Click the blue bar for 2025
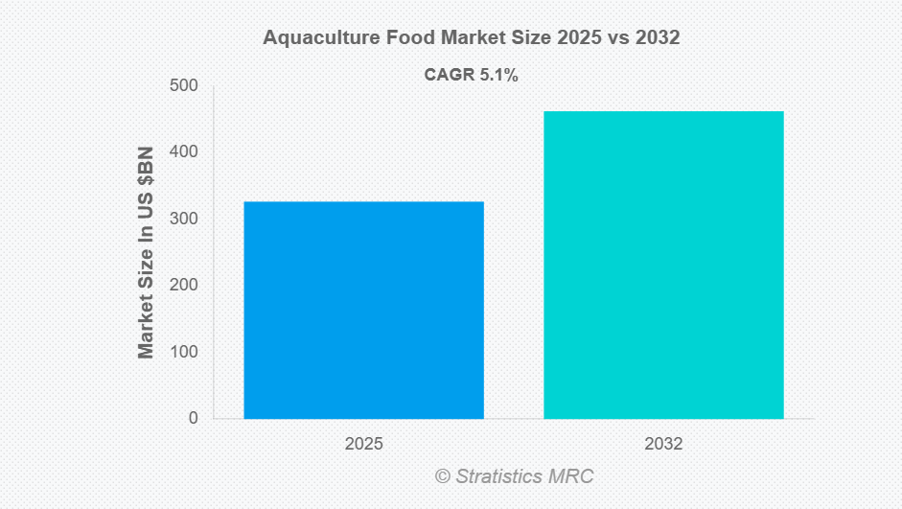[363, 310]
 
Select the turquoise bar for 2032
[663, 265]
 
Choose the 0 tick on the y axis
[193, 418]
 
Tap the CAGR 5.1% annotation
[471, 76]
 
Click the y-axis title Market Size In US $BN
[146, 253]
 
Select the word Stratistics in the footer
[497, 475]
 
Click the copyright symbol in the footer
[442, 475]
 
